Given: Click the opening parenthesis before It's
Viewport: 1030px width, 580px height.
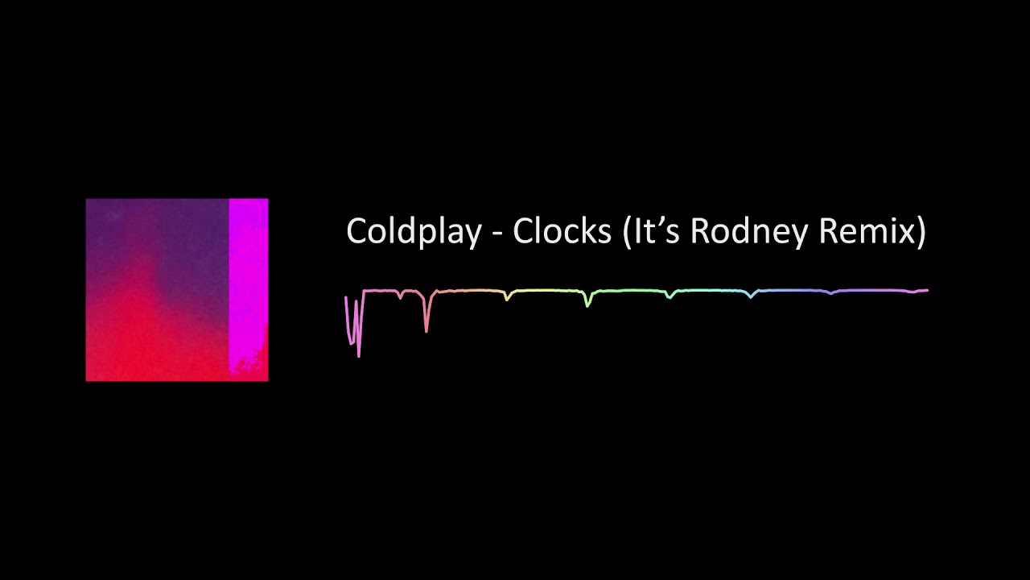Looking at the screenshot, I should (x=628, y=232).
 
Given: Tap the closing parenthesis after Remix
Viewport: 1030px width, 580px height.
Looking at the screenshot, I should (x=921, y=232).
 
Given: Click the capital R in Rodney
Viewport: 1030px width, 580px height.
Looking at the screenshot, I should (x=700, y=231).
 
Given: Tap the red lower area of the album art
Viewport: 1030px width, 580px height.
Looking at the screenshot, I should (x=153, y=346).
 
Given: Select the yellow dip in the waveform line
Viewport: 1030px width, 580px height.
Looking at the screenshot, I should (x=507, y=297).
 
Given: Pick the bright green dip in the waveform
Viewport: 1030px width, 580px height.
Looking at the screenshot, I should (x=588, y=301).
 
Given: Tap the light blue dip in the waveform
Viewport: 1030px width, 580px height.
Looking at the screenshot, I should (x=751, y=296).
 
